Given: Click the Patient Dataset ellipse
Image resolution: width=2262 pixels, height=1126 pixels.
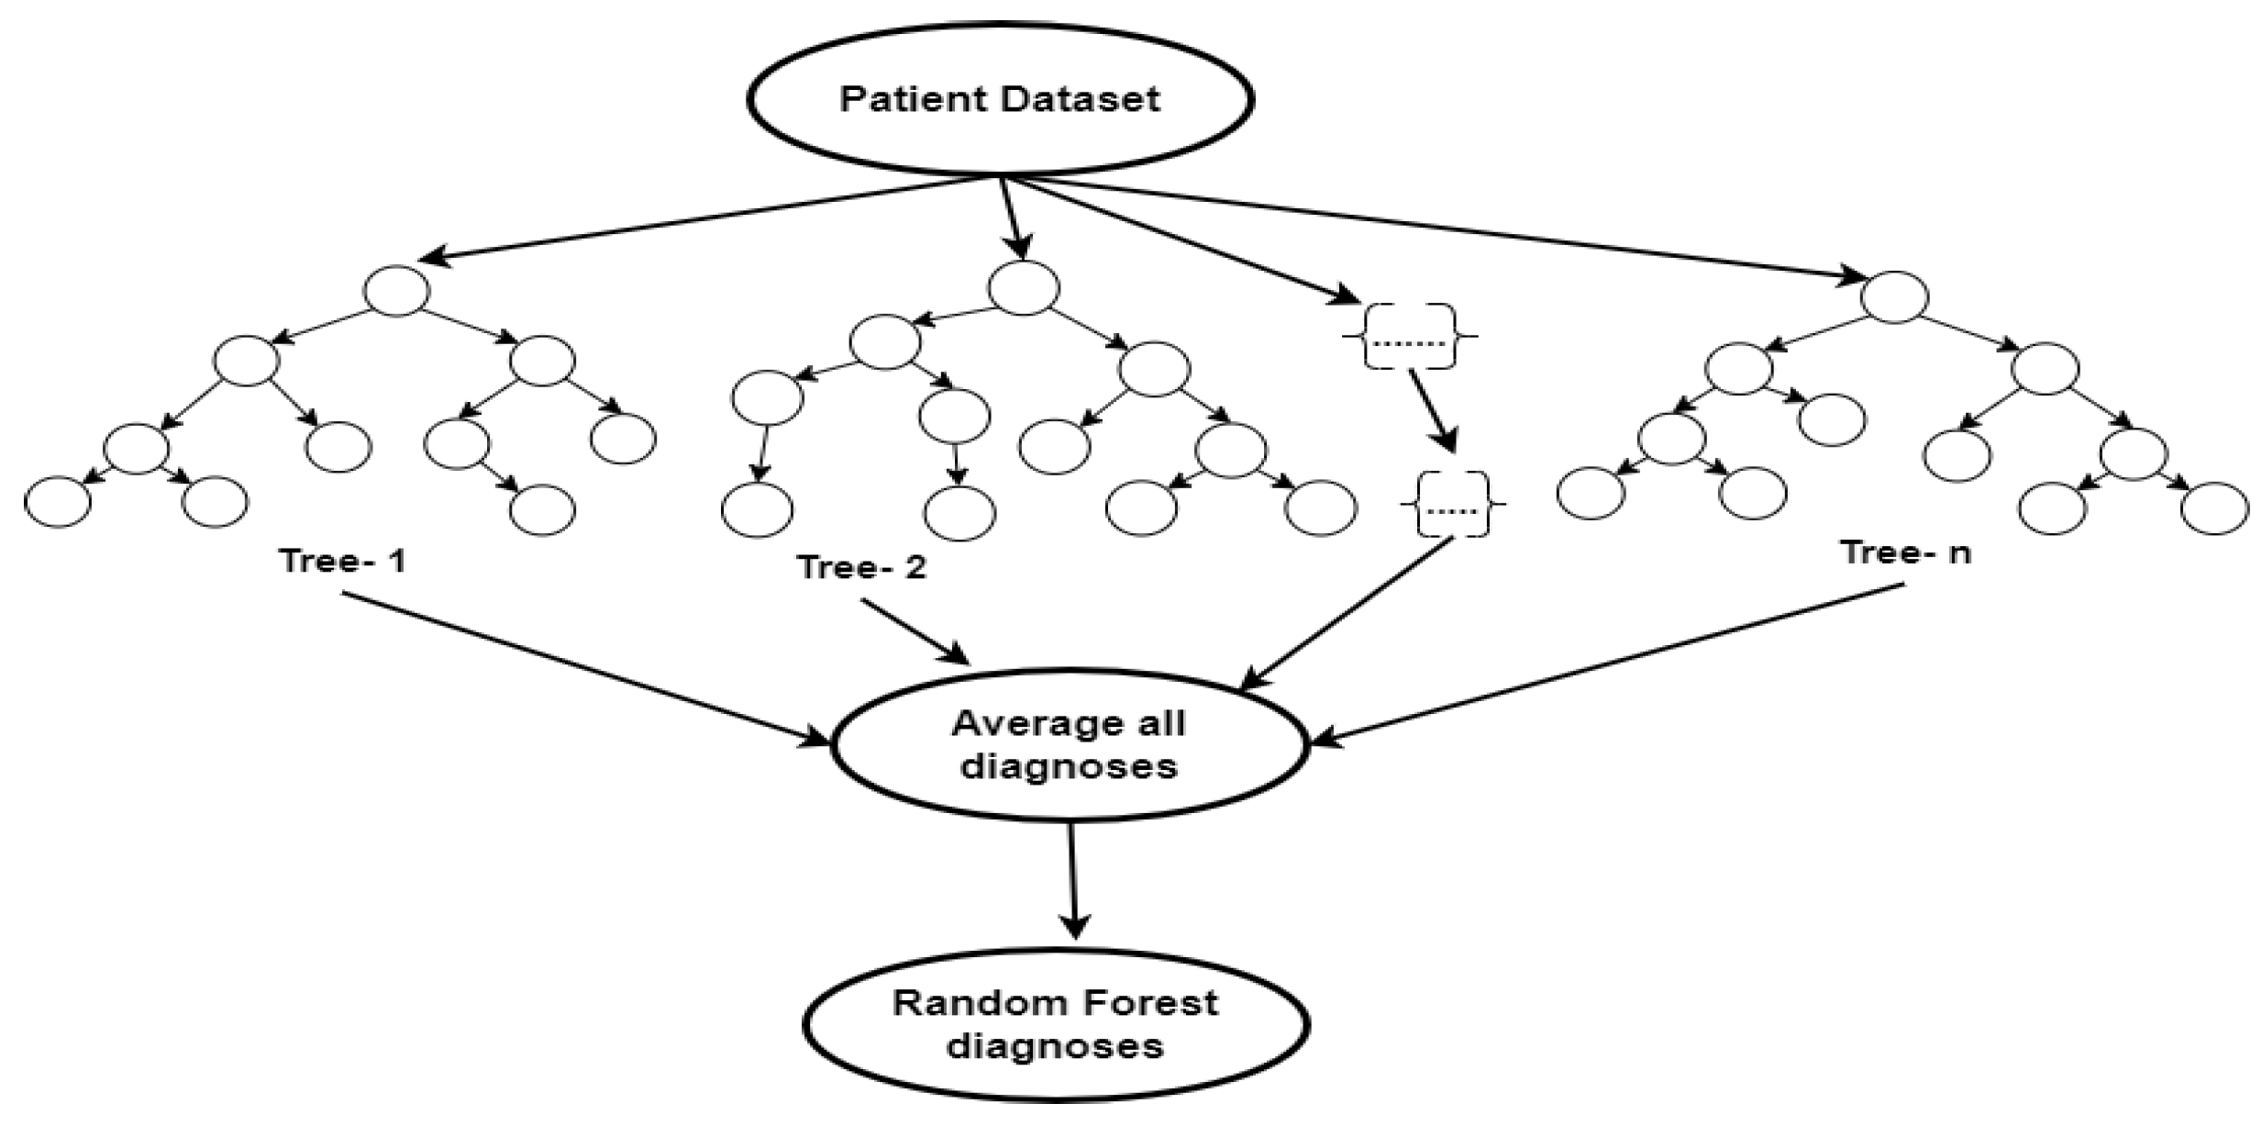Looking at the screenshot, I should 1000,99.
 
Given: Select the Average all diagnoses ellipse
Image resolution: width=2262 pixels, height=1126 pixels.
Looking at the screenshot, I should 1069,745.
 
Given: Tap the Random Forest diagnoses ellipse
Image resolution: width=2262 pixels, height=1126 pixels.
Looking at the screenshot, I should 1055,1024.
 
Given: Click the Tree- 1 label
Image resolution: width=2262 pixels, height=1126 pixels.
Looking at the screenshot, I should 342,561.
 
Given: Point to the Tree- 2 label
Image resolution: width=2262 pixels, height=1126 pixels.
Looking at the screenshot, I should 861,567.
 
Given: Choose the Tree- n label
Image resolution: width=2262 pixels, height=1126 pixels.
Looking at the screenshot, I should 1905,552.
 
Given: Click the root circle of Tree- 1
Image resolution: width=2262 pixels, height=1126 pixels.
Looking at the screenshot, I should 396,290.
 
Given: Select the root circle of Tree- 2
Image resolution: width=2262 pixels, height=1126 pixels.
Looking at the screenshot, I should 1023,287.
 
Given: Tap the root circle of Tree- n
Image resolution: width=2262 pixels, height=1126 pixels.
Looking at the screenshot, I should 1893,296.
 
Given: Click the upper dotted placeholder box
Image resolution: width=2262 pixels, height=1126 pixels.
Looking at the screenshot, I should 1410,337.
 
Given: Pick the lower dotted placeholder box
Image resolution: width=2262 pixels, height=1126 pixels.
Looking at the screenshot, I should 1452,504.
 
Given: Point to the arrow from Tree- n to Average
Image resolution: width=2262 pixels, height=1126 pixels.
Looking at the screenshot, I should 1605,663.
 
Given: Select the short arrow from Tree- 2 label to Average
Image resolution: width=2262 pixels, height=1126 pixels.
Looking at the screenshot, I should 915,631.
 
